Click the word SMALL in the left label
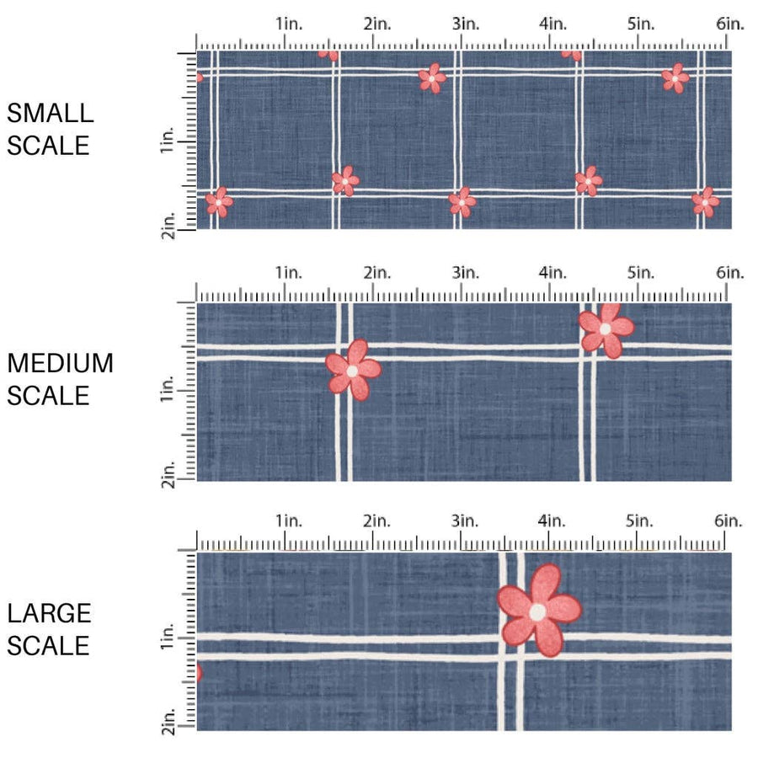(x=50, y=113)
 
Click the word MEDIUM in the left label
(x=60, y=363)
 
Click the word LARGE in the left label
(x=49, y=612)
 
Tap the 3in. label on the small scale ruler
(x=464, y=24)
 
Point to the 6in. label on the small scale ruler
(x=730, y=24)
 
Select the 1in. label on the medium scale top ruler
(x=287, y=273)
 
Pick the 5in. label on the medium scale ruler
(x=641, y=273)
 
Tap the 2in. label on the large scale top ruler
(x=376, y=521)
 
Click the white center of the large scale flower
(x=536, y=612)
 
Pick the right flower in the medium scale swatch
(x=606, y=328)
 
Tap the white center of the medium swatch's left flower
(x=352, y=371)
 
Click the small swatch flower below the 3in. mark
(x=462, y=201)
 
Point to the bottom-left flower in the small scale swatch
(x=219, y=201)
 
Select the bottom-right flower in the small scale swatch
(x=705, y=201)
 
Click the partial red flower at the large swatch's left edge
(x=200, y=673)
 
